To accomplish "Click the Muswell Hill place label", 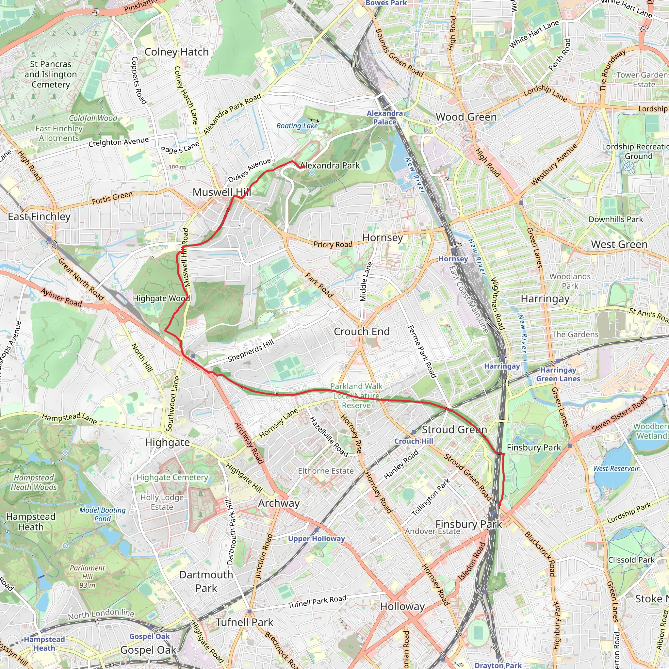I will pos(221,192).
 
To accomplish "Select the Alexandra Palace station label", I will pos(384,118).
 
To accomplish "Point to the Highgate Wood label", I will pos(161,299).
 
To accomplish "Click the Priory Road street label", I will pos(333,244).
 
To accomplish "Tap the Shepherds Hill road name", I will pos(251,351).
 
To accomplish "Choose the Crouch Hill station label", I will pos(414,441).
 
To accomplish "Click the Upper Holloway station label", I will pos(316,539).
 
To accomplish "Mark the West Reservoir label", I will pos(616,468).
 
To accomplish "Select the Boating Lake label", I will pos(297,126).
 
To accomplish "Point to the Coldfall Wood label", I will pos(93,118).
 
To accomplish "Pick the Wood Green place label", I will pos(466,117).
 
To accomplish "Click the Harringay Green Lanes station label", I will pos(558,374).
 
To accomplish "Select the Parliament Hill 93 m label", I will pos(87,577).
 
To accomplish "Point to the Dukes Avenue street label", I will pos(249,171).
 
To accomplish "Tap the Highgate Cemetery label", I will pos(172,477).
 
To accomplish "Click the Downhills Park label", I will pos(615,219).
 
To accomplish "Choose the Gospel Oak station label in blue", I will pos(149,636).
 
